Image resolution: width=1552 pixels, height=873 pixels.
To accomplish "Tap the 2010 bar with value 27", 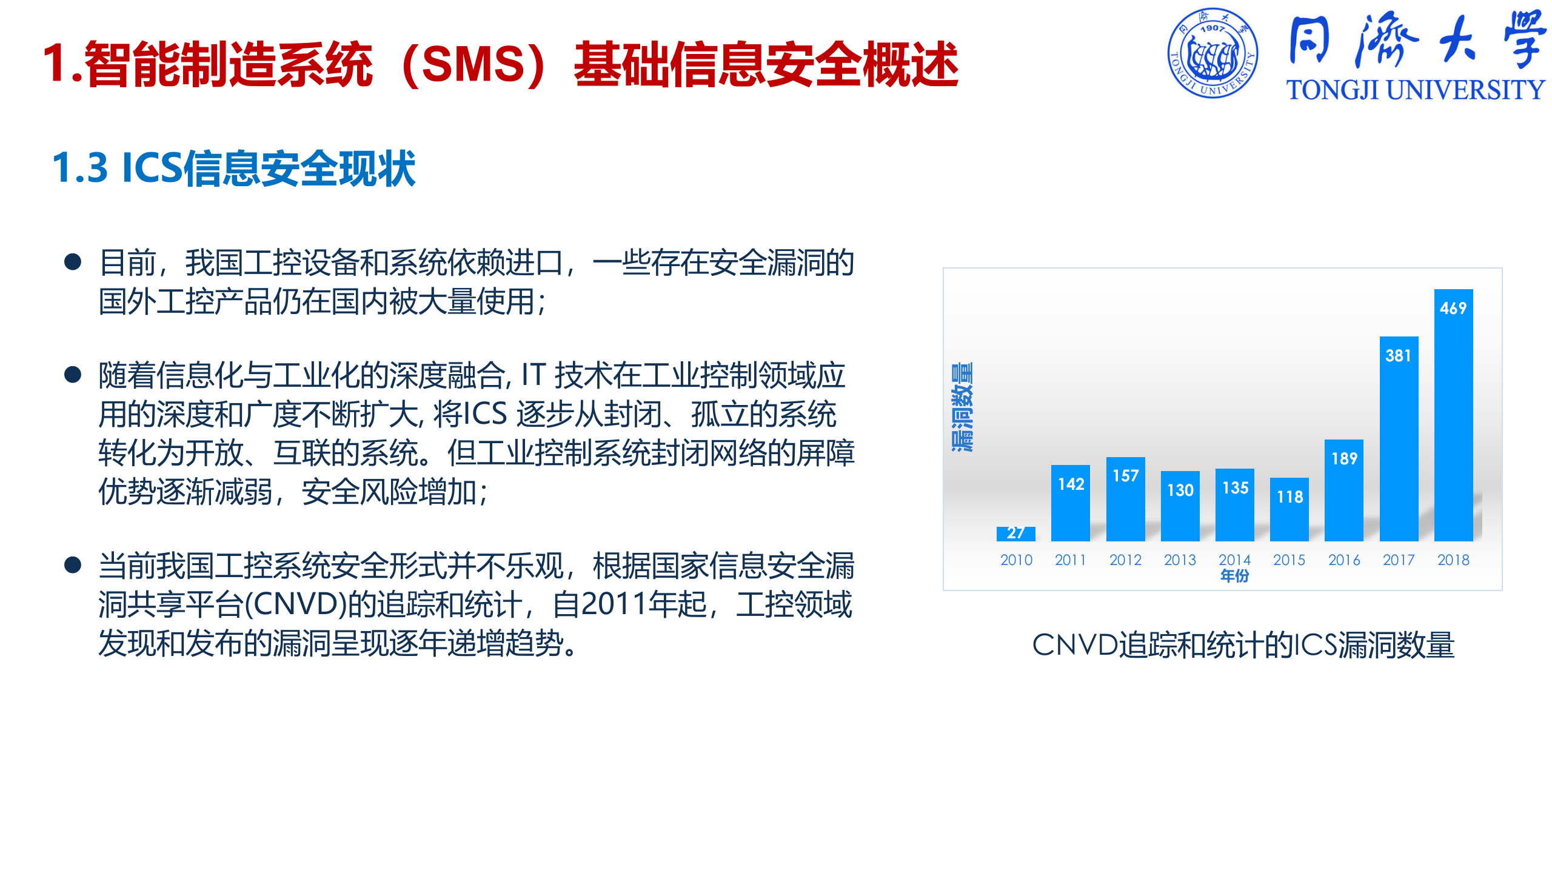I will (1015, 533).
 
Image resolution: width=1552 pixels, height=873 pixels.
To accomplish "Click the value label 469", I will (1453, 309).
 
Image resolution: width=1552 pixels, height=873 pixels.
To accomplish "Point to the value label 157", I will (1126, 476).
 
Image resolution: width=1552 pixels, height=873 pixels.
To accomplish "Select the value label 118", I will (1289, 497).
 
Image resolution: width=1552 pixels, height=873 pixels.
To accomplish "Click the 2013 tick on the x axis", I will (1180, 560).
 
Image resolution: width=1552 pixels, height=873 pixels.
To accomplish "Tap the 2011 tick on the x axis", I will (1071, 560).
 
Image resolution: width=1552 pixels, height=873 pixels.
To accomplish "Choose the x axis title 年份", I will (1235, 576).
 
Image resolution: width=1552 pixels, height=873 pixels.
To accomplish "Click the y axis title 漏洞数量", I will (962, 407).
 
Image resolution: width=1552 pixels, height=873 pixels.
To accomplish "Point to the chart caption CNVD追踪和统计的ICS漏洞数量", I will (1243, 645).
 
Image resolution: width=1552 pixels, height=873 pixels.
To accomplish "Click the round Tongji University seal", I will (1212, 53).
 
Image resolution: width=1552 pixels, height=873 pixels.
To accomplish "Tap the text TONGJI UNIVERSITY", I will (1416, 90).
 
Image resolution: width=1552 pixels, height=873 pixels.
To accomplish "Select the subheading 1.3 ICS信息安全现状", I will (234, 168).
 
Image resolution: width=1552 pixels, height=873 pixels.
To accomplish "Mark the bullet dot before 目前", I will (73, 262).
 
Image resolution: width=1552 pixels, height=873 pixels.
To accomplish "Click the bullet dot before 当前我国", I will (73, 565).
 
